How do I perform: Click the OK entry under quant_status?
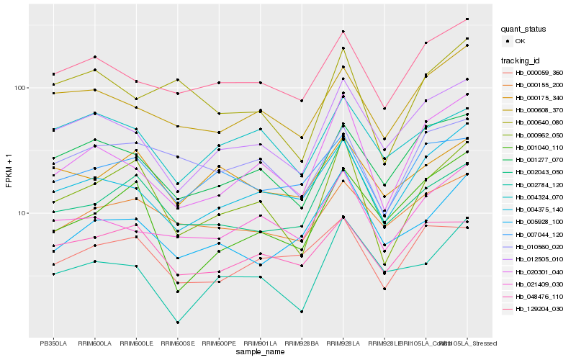(520, 42)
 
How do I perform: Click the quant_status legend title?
(525, 30)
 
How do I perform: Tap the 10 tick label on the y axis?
(22, 213)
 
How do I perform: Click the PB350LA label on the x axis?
(53, 343)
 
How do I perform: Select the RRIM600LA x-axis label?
(94, 343)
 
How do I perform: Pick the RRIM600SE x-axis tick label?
(177, 343)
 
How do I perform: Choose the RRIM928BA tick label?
(302, 343)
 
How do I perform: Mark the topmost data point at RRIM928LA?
(343, 32)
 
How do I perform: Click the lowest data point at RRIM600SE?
(177, 323)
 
